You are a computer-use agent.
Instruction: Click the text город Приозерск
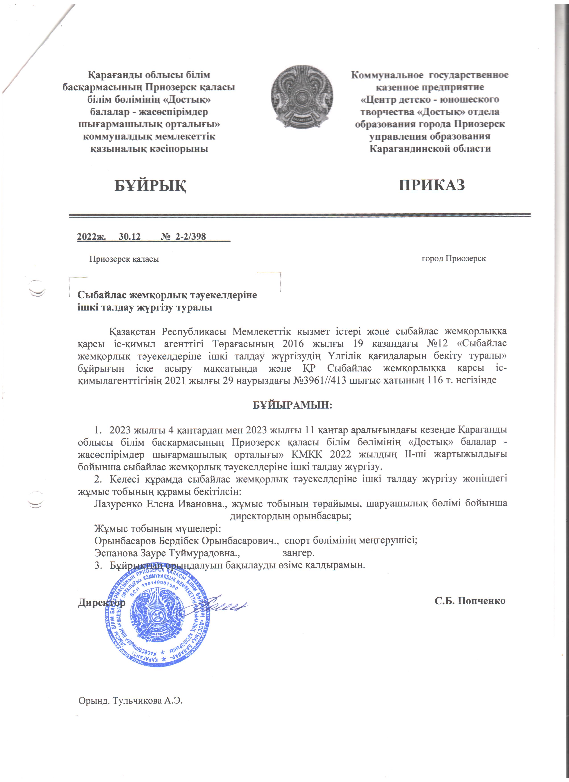pos(454,259)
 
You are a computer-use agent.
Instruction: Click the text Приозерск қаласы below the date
pos(124,259)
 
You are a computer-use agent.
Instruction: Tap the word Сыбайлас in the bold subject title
pos(101,296)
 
